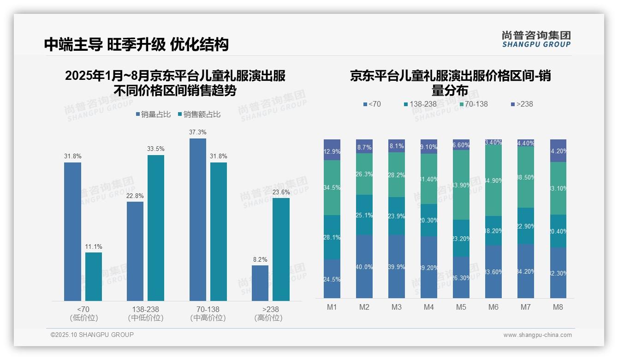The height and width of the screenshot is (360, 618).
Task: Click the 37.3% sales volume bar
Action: click(198, 219)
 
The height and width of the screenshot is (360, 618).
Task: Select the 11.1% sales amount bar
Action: click(94, 276)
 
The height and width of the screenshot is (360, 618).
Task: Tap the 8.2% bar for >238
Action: click(260, 283)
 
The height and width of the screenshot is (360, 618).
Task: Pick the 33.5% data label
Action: click(156, 149)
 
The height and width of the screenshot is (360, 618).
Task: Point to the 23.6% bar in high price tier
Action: click(281, 249)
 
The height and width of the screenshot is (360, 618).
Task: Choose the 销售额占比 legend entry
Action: click(199, 114)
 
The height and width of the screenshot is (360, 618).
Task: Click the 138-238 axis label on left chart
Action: click(145, 309)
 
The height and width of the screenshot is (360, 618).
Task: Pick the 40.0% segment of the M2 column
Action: click(364, 266)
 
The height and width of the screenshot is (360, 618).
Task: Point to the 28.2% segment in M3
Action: click(397, 175)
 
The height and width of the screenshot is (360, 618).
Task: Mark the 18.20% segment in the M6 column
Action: click(493, 231)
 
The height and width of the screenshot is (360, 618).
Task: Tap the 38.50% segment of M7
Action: click(526, 177)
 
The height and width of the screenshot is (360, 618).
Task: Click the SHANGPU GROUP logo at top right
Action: click(536, 39)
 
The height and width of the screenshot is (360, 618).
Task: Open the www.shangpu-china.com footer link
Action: click(537, 335)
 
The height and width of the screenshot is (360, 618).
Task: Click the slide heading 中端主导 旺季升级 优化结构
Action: click(137, 44)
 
